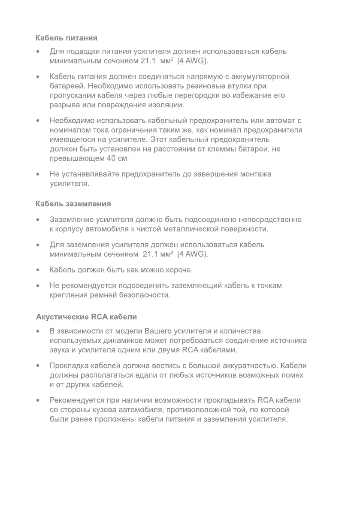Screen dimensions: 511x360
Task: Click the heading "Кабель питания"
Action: pyautogui.click(x=66, y=38)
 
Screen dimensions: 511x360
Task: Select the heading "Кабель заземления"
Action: pyautogui.click(x=73, y=203)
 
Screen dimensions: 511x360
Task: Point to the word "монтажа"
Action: pyautogui.click(x=256, y=174)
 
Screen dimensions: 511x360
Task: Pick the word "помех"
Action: pyautogui.click(x=294, y=375)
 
